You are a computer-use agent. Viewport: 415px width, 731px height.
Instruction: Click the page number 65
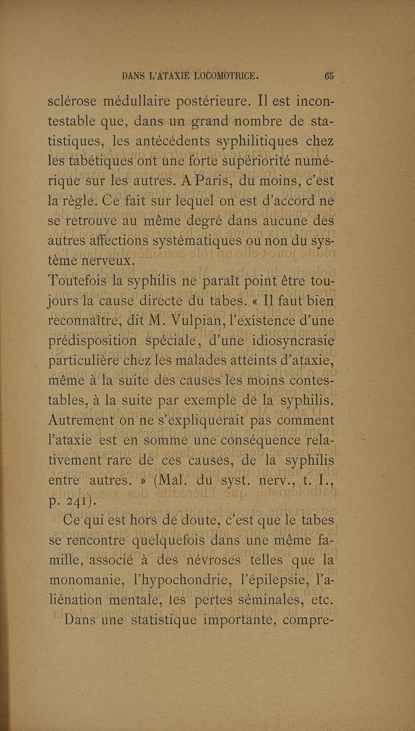coord(328,74)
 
